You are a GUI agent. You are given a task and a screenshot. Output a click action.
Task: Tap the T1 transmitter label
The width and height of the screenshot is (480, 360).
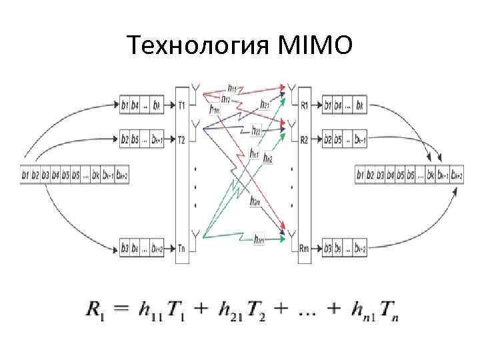click(182, 105)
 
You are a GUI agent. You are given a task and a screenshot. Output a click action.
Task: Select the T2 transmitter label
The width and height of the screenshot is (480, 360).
click(182, 140)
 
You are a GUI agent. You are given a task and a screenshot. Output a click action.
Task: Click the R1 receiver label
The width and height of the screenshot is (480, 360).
click(305, 105)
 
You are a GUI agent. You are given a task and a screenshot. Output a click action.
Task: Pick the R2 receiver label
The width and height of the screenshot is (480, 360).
click(305, 140)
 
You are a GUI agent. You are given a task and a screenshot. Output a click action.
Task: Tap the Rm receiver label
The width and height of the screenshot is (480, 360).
click(305, 249)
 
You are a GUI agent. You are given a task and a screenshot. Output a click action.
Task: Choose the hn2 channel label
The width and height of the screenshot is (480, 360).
click(268, 158)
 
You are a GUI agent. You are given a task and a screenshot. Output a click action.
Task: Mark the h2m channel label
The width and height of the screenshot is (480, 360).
click(255, 201)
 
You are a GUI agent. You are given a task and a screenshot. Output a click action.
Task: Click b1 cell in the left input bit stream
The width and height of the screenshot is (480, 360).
click(26, 175)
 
